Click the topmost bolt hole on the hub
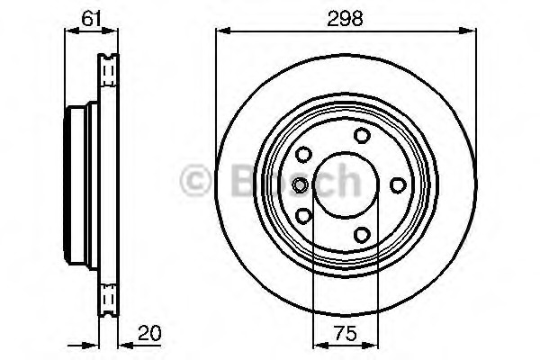tap(362, 135)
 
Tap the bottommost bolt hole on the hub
tap(362, 235)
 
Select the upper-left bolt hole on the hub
tap(303, 154)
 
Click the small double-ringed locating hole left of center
tap(300, 184)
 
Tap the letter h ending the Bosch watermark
tap(348, 181)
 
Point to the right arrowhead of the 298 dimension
tap(471, 31)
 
